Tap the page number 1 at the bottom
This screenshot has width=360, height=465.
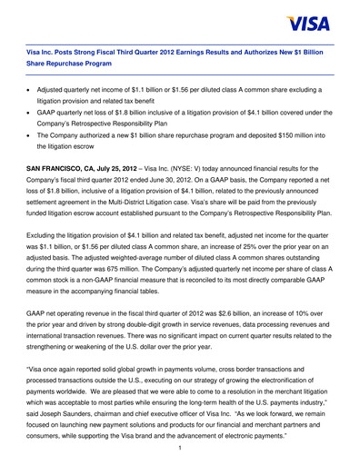click(180, 447)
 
